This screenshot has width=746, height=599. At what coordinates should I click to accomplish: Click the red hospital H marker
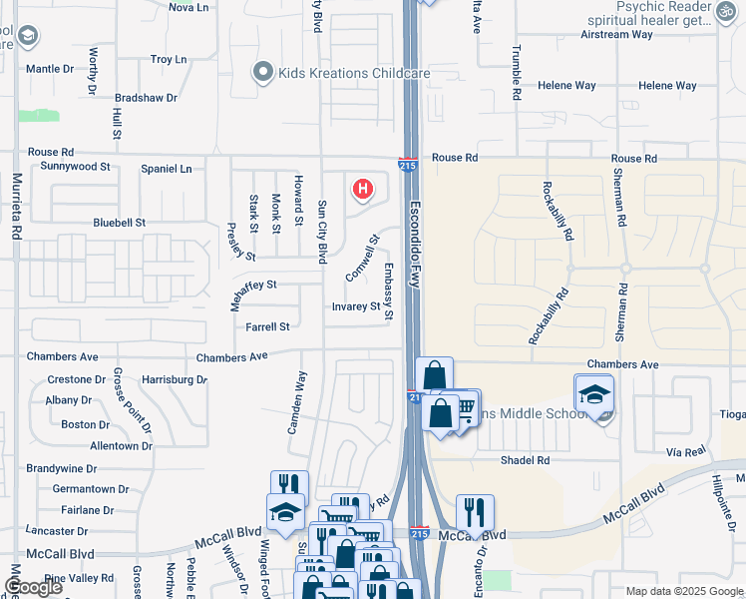[364, 188]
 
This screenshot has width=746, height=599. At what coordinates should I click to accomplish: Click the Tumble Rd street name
[517, 72]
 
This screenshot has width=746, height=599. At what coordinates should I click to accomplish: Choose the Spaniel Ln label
[166, 170]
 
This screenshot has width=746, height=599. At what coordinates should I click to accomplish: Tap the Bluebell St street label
[119, 223]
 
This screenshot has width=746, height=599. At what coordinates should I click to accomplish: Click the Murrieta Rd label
[17, 207]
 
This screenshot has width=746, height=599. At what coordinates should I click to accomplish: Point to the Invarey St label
[356, 307]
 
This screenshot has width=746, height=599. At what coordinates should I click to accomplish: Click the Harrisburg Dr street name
[174, 380]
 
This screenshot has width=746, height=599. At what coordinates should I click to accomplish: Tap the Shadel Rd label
[525, 460]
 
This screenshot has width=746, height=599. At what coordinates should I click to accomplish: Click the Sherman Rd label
[623, 298]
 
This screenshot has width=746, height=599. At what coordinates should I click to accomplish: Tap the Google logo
[34, 587]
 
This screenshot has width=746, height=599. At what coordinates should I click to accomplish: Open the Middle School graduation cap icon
[593, 392]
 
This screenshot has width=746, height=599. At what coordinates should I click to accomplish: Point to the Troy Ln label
[169, 60]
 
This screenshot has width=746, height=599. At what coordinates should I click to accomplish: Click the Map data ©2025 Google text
[684, 591]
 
